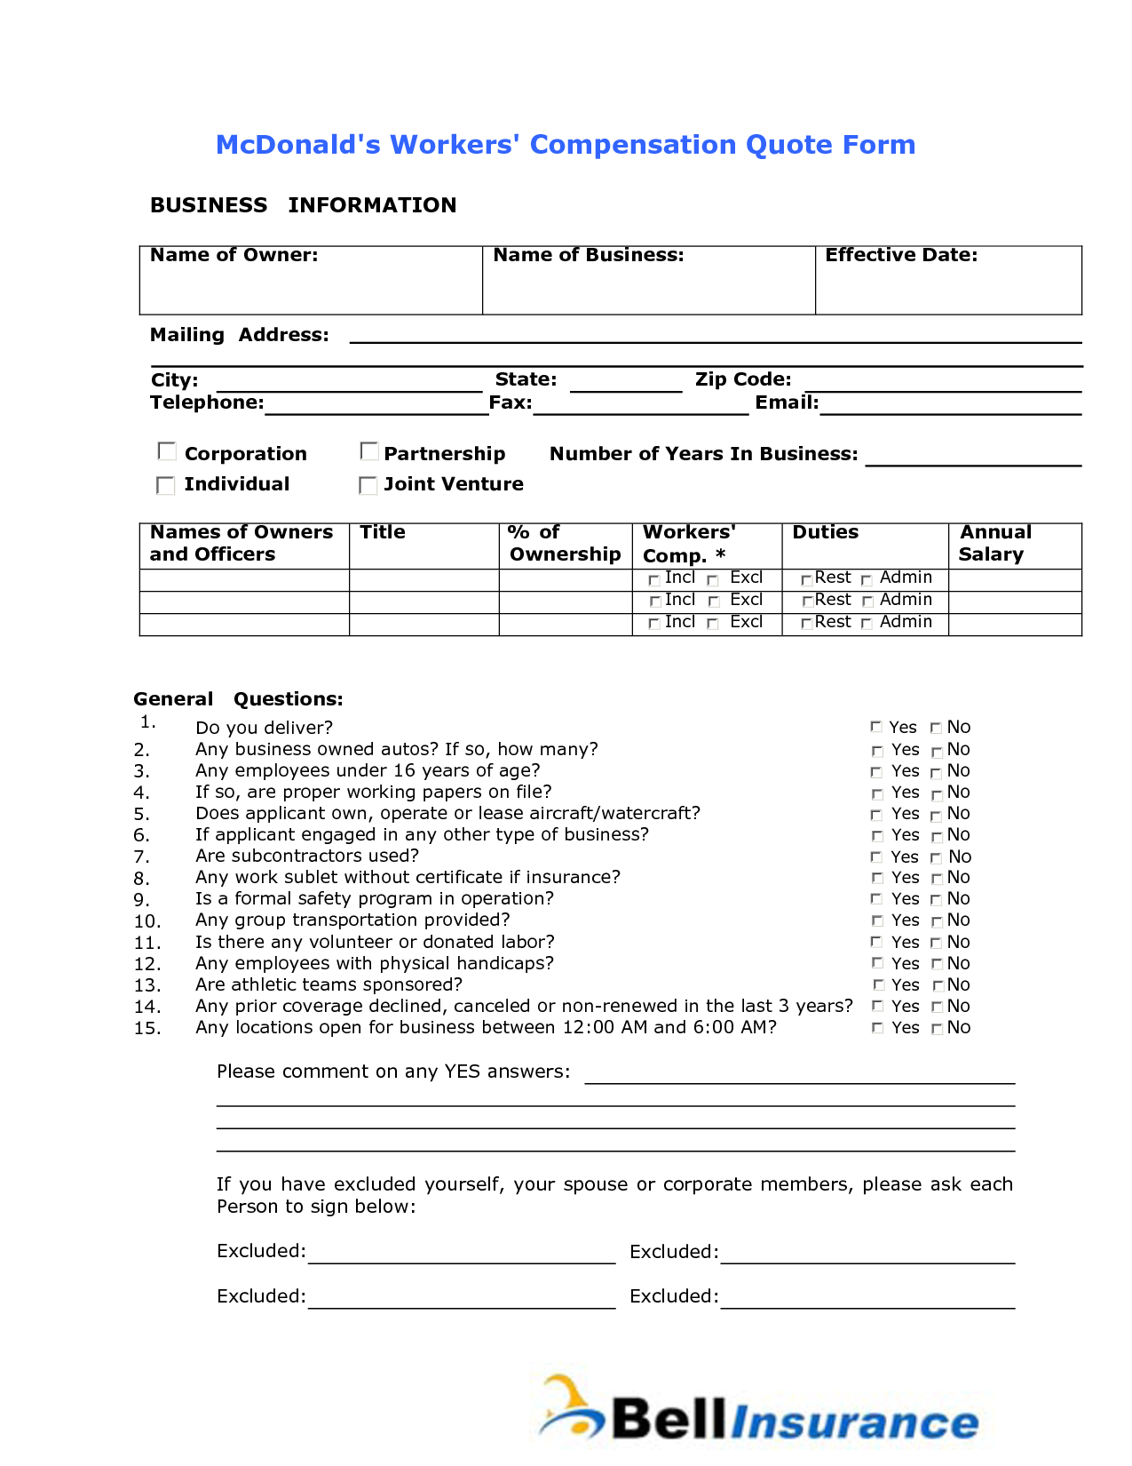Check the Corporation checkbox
click(x=167, y=451)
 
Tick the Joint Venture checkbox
click(x=368, y=485)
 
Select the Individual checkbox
click(x=166, y=485)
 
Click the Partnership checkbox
click(x=369, y=451)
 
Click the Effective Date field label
click(x=901, y=255)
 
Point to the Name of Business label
click(x=589, y=255)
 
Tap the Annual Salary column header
click(x=994, y=543)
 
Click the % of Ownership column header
click(x=564, y=543)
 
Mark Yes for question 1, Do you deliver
click(x=876, y=727)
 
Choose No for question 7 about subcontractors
click(x=936, y=857)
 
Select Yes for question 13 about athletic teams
click(x=879, y=984)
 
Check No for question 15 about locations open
click(x=937, y=1029)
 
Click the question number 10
click(x=147, y=921)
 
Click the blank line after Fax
click(x=641, y=406)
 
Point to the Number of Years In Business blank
click(x=973, y=457)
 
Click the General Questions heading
click(x=238, y=699)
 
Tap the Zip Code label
click(x=743, y=379)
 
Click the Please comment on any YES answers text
click(x=393, y=1072)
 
